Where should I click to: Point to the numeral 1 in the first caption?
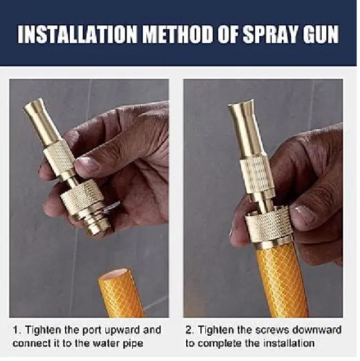(x=16, y=330)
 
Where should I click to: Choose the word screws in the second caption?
(x=272, y=331)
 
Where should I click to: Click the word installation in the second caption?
(x=289, y=344)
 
